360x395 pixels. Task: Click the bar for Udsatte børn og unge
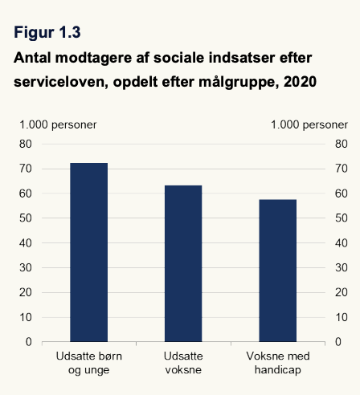[x=89, y=252]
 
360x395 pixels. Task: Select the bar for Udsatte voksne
[x=183, y=263]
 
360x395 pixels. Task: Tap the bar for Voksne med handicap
[x=278, y=271]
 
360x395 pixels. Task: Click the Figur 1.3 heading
[x=47, y=33]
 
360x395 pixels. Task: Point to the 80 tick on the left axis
[x=26, y=144]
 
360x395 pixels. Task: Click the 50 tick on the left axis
[x=26, y=218]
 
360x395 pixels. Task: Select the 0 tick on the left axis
[x=29, y=342]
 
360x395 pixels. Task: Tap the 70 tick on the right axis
[x=342, y=169]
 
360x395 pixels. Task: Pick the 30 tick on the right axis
[x=342, y=267]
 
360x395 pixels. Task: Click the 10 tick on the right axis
[x=342, y=317]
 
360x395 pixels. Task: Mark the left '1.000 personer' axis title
[x=58, y=125]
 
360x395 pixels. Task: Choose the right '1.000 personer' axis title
[x=309, y=125]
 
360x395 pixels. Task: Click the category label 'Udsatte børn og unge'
[x=89, y=363]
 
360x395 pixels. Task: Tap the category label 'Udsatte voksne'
[x=183, y=363]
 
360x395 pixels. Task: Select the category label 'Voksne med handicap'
[x=278, y=363]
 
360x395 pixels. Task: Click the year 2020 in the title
[x=301, y=82]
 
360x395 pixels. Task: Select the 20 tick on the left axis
[x=26, y=292]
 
